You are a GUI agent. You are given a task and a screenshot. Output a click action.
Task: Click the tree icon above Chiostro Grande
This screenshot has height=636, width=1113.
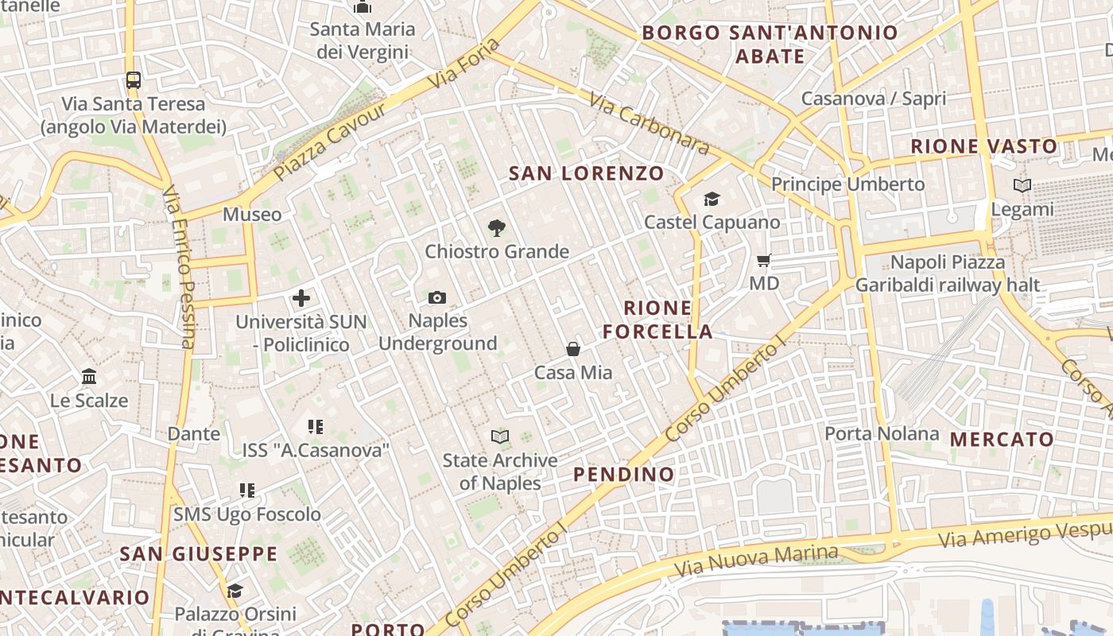click(x=497, y=228)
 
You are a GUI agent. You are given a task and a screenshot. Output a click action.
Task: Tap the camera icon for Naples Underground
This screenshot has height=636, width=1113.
click(x=436, y=298)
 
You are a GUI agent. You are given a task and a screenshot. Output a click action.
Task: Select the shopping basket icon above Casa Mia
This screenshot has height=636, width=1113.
click(x=572, y=349)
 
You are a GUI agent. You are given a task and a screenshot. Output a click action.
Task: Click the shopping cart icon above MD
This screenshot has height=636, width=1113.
click(x=764, y=260)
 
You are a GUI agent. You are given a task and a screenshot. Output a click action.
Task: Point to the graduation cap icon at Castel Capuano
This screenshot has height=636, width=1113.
click(x=712, y=199)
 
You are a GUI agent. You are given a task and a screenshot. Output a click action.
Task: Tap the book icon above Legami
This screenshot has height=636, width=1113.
click(x=1022, y=186)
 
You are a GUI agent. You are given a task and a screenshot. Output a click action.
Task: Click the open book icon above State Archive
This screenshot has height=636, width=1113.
click(x=499, y=436)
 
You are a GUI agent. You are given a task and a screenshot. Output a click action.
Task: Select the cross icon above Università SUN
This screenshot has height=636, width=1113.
click(x=301, y=299)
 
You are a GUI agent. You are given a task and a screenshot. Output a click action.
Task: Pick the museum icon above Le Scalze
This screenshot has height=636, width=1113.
click(x=89, y=376)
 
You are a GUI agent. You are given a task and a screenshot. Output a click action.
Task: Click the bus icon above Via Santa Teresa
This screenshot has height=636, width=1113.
click(x=134, y=80)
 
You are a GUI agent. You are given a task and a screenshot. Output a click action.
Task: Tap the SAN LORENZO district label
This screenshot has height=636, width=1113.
click(x=586, y=173)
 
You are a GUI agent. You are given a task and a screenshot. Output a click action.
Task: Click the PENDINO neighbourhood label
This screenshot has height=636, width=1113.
click(x=624, y=475)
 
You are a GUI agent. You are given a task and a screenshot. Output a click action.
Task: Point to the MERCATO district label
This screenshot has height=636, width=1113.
click(x=1002, y=439)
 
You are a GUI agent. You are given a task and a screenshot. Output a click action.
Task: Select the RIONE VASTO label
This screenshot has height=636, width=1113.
click(x=984, y=146)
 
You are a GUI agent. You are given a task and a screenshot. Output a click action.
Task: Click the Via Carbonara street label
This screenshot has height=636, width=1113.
click(x=650, y=123)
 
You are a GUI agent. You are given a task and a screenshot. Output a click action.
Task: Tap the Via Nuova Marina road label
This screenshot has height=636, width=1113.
click(x=755, y=561)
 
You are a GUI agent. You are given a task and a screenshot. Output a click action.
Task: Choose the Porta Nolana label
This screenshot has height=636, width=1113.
click(x=882, y=434)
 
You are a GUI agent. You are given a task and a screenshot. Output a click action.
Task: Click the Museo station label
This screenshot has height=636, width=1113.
click(x=252, y=214)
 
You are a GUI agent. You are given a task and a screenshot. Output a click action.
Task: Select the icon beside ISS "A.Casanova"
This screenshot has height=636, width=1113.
click(x=316, y=427)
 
